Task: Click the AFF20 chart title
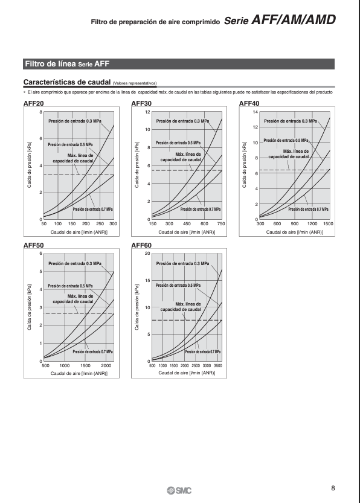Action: click(x=34, y=103)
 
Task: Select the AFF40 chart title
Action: click(x=249, y=103)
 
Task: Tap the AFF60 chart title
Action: click(x=141, y=245)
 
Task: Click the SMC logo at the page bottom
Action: click(x=179, y=490)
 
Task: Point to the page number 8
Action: click(x=333, y=489)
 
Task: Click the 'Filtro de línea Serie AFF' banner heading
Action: click(x=68, y=64)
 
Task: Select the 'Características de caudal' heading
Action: click(x=66, y=82)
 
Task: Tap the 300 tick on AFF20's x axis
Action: click(x=114, y=224)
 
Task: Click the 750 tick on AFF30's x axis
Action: click(x=221, y=224)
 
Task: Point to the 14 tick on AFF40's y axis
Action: click(x=256, y=112)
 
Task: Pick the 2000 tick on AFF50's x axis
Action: click(x=106, y=366)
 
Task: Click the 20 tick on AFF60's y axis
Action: click(x=147, y=254)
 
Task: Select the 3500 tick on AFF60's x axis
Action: click(x=218, y=366)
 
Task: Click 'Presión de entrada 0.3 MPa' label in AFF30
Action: click(x=182, y=121)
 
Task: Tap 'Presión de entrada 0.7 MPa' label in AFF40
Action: click(x=308, y=209)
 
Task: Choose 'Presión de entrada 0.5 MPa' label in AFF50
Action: click(x=70, y=286)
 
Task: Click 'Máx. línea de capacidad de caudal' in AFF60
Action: click(x=181, y=307)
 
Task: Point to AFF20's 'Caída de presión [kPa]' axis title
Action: click(x=30, y=165)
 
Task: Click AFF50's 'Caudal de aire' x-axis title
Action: click(x=79, y=373)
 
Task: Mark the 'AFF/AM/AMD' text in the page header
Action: click(x=294, y=20)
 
